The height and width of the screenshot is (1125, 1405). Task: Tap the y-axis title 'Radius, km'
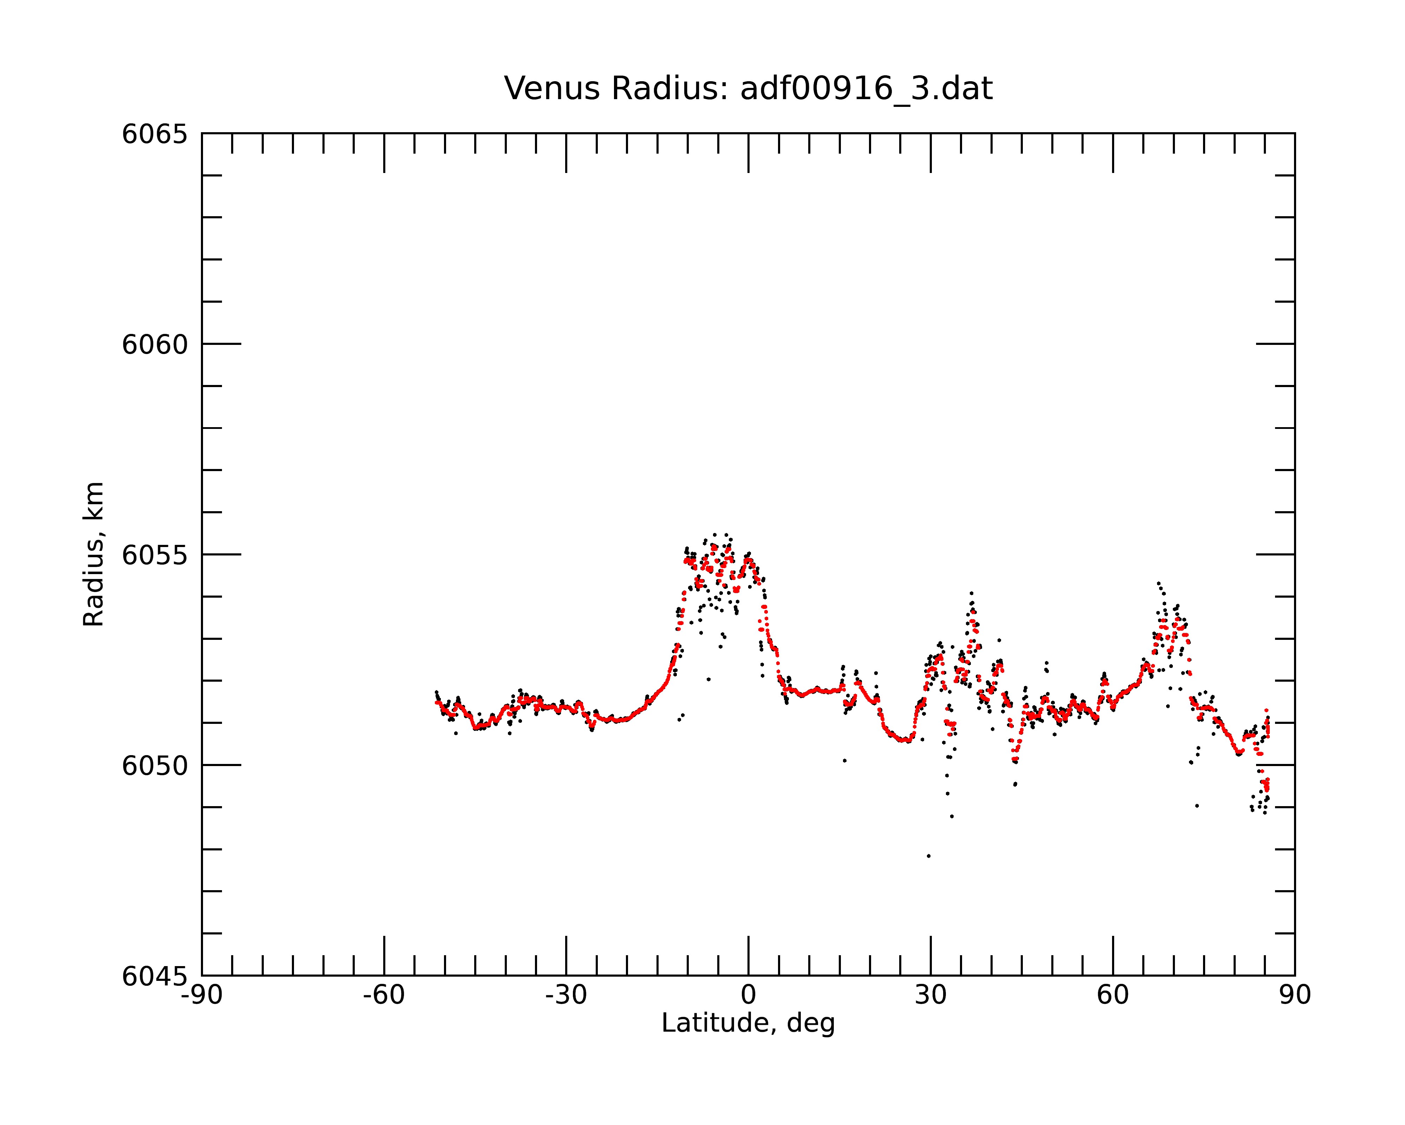(93, 554)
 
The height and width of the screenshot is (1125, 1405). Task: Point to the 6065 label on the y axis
(155, 134)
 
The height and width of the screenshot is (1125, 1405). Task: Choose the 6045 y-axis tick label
(155, 976)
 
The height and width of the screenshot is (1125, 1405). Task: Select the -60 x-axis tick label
(384, 995)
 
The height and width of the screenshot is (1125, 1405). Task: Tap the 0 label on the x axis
(748, 995)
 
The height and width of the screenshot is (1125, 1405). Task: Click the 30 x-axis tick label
(930, 995)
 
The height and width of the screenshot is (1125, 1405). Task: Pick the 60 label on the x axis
(1112, 995)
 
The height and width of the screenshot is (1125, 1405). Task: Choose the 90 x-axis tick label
(1295, 995)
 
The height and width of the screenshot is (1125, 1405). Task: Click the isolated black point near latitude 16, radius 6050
(844, 760)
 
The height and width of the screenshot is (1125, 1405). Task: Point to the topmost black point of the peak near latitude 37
(971, 593)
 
